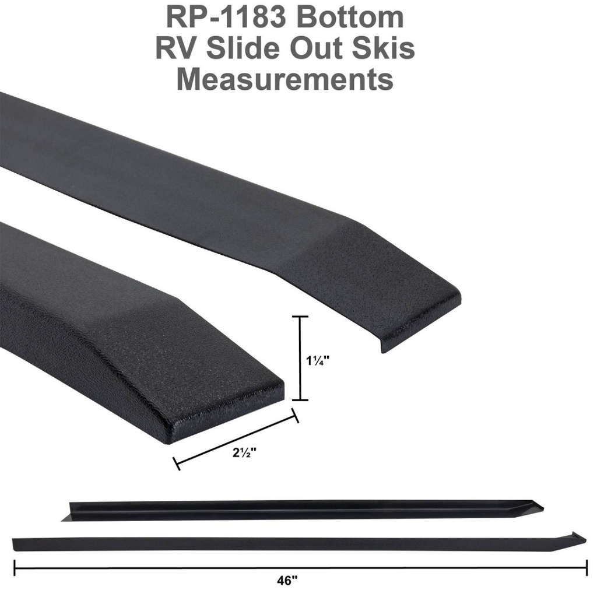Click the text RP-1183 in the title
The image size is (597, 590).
228,17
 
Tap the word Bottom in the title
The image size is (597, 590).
350,17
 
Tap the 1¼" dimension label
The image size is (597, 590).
318,360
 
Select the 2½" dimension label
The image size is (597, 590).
244,453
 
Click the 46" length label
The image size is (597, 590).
287,581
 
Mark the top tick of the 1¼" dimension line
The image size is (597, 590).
300,317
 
